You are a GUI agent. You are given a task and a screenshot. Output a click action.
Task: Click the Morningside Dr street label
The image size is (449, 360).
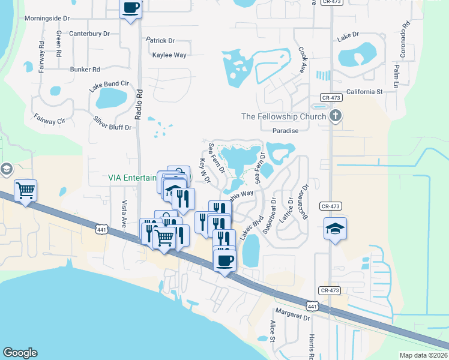[x=52, y=19]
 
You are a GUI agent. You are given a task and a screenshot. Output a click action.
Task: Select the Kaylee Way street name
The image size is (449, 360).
[x=169, y=55]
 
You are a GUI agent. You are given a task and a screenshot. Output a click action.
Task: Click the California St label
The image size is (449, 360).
[x=364, y=92]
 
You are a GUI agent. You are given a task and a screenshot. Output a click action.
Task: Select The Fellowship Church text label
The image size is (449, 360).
[x=283, y=116]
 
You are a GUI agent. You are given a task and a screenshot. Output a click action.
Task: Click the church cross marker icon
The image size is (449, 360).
[x=336, y=116]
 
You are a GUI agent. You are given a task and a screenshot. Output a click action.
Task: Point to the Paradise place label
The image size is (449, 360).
[x=285, y=130]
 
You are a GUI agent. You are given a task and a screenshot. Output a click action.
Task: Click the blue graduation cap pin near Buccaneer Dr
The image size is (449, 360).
[x=335, y=228]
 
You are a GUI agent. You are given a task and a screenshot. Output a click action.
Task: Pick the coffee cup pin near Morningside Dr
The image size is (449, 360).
[x=131, y=9]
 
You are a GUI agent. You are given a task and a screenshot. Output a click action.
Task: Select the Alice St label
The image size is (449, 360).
[x=272, y=331]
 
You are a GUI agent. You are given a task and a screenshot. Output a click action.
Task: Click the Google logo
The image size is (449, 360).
[x=20, y=353]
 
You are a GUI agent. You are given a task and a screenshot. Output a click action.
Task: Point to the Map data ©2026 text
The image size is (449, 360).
[x=423, y=355]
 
